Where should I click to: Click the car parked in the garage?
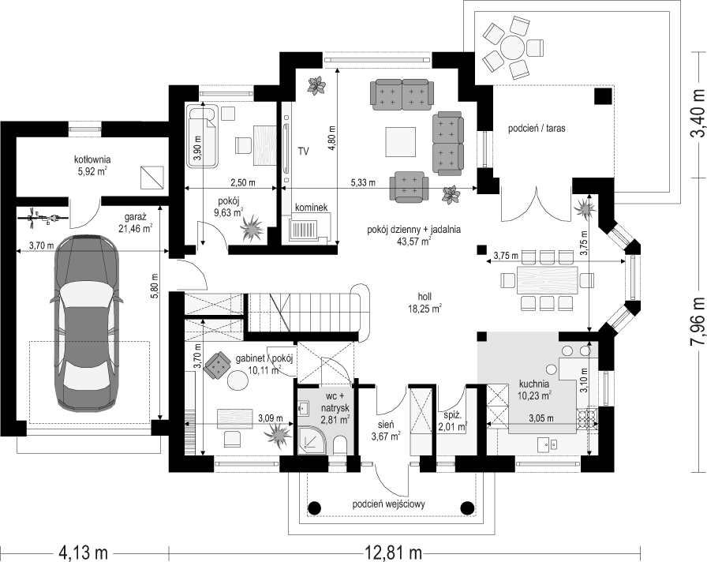tap(88, 323)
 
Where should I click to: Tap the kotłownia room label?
tap(92, 165)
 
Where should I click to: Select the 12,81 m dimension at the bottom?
tap(393, 551)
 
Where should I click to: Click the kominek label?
tap(311, 208)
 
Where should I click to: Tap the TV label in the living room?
tap(303, 151)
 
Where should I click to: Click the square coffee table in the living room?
tap(400, 141)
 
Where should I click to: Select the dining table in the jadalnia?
tap(547, 280)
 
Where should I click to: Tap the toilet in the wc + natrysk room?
tap(340, 447)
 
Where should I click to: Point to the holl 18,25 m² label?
tap(424, 302)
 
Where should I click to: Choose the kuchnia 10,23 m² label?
tap(535, 390)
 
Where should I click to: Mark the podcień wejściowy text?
tap(389, 504)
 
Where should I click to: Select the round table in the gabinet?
tap(238, 380)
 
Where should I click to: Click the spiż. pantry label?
tap(452, 421)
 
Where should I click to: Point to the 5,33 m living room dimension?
tap(363, 182)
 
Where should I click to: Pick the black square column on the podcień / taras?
tap(602, 96)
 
